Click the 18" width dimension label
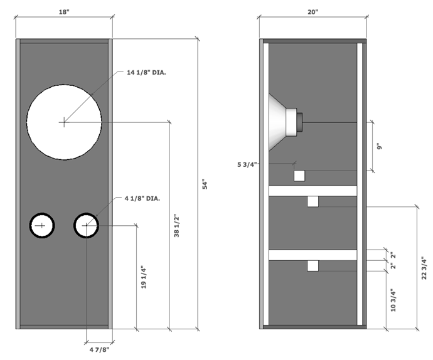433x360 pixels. pyautogui.click(x=64, y=12)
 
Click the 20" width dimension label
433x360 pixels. pyautogui.click(x=313, y=12)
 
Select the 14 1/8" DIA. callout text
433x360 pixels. pyautogui.click(x=146, y=73)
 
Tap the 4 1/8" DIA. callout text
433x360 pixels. pyautogui.click(x=142, y=198)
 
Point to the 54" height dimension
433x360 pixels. pyautogui.click(x=205, y=184)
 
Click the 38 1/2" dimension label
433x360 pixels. pyautogui.click(x=176, y=226)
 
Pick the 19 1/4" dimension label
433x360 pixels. pyautogui.click(x=144, y=277)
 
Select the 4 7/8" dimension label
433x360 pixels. pyautogui.click(x=99, y=350)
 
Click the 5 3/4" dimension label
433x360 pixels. pyautogui.click(x=247, y=164)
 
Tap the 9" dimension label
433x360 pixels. pyautogui.click(x=380, y=146)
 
